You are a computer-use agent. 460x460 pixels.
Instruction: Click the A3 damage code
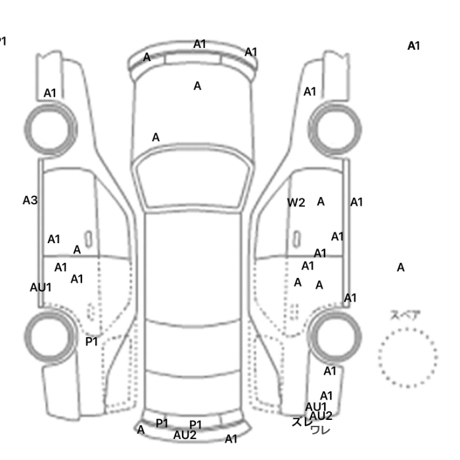tap(30, 200)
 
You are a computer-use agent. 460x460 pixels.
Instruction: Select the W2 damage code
tap(296, 202)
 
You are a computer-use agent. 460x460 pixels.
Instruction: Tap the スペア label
tap(405, 315)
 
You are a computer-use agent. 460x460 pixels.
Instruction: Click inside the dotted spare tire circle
tap(407, 357)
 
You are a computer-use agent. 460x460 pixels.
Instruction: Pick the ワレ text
tap(320, 430)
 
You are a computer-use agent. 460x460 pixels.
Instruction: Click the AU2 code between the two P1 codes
tap(185, 434)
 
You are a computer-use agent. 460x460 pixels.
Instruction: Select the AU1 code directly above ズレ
tap(315, 407)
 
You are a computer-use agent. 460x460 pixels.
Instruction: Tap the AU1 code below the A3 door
tap(41, 287)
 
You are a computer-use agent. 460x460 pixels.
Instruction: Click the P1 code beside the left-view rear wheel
tap(91, 342)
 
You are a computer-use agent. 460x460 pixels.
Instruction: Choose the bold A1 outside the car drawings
tap(413, 46)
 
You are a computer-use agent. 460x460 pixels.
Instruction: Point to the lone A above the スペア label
tap(401, 267)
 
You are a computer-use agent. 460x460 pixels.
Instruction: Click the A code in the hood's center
tap(197, 86)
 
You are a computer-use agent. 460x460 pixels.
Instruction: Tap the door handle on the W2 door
tap(297, 237)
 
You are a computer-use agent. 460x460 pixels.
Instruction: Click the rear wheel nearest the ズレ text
tap(334, 336)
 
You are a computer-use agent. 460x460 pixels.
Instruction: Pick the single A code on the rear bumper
tap(141, 430)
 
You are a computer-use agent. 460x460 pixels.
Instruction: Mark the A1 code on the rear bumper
tap(231, 438)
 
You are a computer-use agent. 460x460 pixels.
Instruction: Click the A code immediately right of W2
tap(321, 202)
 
